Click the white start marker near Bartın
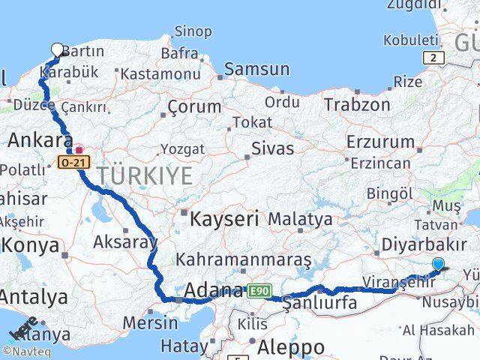[58, 50]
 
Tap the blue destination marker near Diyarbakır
[438, 263]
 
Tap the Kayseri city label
[224, 219]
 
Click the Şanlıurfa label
[319, 303]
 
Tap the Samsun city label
[256, 69]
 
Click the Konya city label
[30, 244]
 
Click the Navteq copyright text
[27, 351]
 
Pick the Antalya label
[33, 296]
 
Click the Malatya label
[300, 219]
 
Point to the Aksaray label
[124, 241]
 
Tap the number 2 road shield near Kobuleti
[433, 58]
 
